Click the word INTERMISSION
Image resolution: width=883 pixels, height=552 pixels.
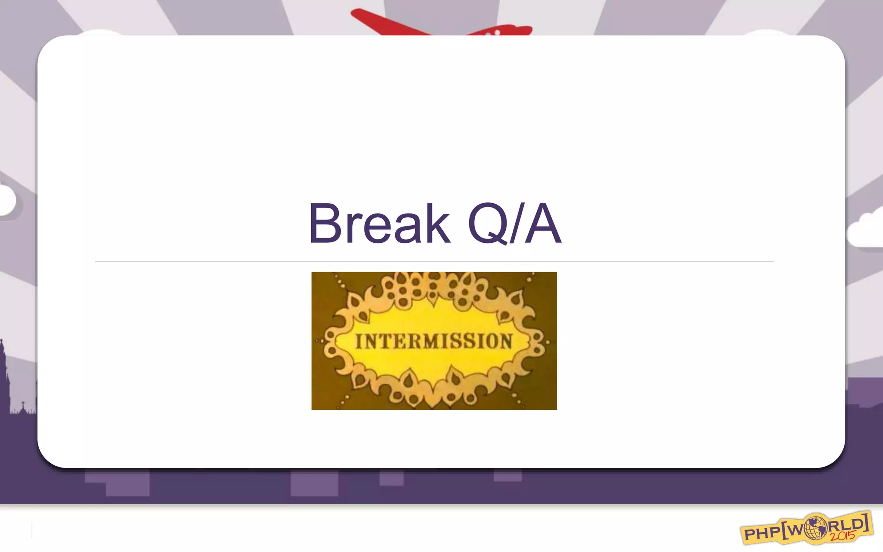(434, 341)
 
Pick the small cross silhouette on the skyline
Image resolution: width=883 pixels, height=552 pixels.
(23, 405)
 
